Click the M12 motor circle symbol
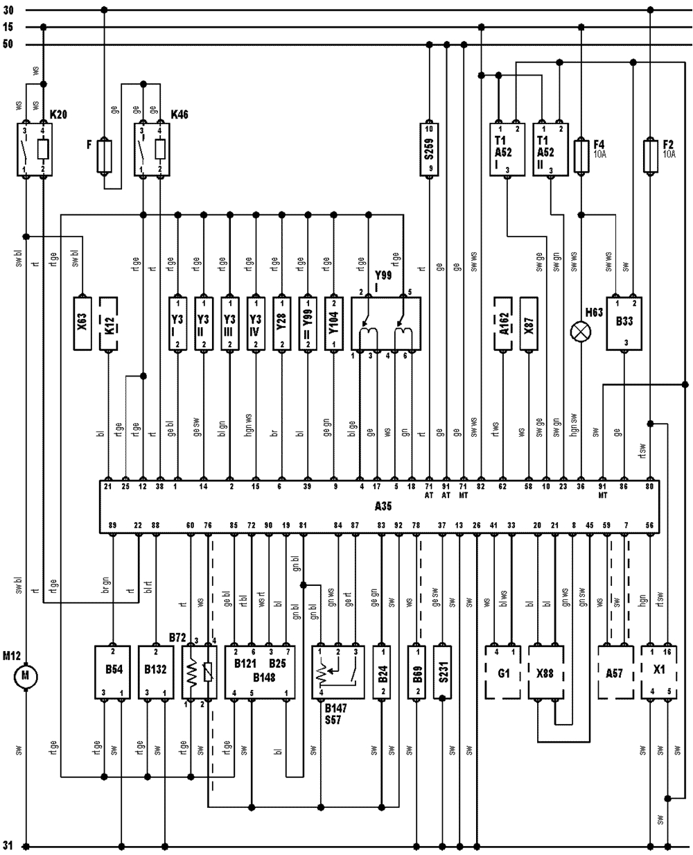(26, 675)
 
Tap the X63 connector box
(82, 323)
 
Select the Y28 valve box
(282, 323)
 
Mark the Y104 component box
(335, 323)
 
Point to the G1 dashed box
(503, 673)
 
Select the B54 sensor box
(112, 673)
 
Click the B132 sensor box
(156, 673)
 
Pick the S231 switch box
(443, 673)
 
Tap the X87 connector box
(529, 323)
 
